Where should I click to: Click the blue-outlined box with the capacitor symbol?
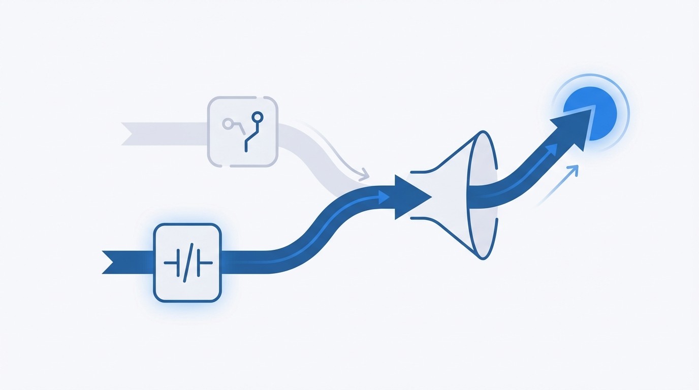[x=187, y=263]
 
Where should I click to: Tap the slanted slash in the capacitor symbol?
[x=186, y=263]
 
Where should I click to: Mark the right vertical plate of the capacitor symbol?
[x=198, y=263]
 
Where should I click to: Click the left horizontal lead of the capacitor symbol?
[x=170, y=263]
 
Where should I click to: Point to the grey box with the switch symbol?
[x=243, y=132]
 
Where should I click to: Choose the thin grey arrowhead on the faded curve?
[x=364, y=176]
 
